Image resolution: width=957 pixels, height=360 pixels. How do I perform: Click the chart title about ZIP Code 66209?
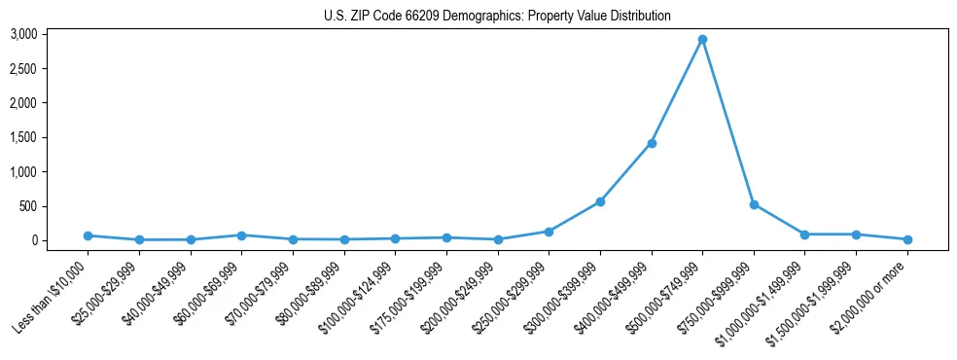click(497, 17)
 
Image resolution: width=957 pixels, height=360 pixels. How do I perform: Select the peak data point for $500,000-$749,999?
click(702, 40)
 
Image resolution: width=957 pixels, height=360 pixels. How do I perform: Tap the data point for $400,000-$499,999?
click(652, 143)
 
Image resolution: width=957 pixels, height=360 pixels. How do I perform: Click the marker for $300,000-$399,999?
click(600, 201)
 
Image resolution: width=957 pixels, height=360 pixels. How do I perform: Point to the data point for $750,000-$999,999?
click(754, 204)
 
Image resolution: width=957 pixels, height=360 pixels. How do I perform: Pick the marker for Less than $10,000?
click(88, 235)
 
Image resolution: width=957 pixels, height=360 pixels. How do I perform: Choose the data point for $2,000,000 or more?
click(907, 239)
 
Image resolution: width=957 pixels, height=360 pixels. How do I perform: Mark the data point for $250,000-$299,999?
click(549, 232)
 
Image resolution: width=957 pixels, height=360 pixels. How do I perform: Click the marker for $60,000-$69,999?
click(241, 235)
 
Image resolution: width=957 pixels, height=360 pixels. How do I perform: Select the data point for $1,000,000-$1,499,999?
click(804, 234)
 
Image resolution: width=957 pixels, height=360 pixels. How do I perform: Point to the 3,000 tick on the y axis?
click(23, 34)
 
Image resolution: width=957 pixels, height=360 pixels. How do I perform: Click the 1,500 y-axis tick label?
click(23, 137)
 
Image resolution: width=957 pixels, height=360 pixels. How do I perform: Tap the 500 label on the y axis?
click(28, 206)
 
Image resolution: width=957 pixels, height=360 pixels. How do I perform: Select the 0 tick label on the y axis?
click(33, 240)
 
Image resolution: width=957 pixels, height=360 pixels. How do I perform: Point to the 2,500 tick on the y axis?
click(23, 69)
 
